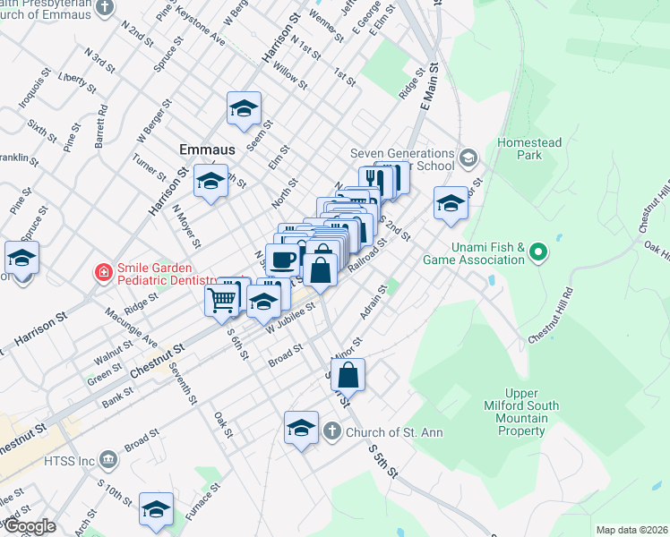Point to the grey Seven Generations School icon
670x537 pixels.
[x=468, y=159]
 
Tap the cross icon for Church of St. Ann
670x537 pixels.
[x=331, y=432]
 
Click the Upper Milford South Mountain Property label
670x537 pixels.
[x=521, y=412]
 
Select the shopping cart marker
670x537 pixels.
[x=221, y=301]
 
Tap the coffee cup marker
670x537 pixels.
[x=282, y=260]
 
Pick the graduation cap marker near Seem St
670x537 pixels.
[x=244, y=108]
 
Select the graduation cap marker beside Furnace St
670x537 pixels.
[x=157, y=509]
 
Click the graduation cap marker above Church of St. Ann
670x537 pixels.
[x=302, y=428]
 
